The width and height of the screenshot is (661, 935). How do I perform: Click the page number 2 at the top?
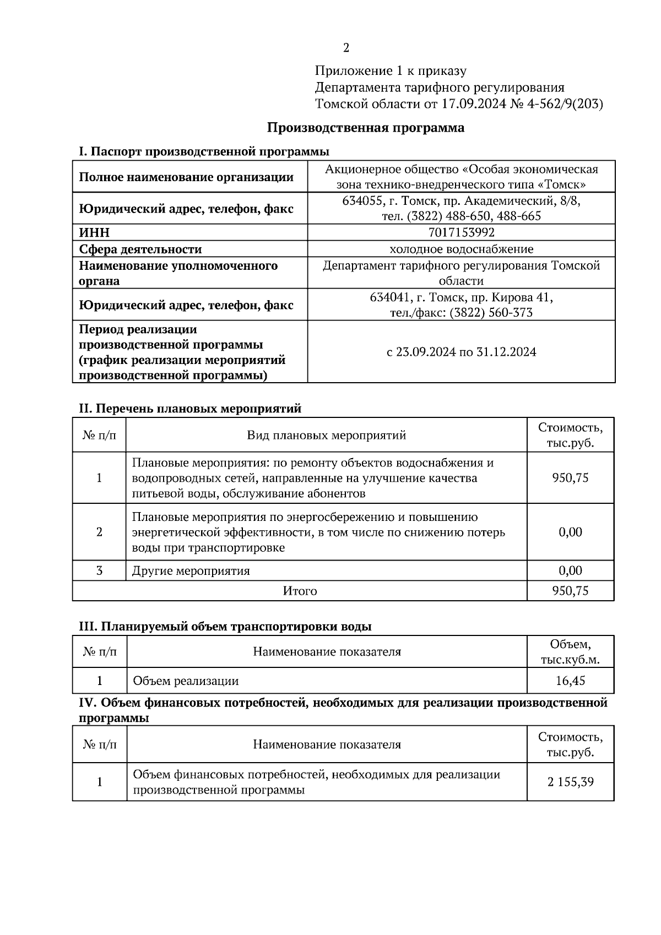pyautogui.click(x=346, y=48)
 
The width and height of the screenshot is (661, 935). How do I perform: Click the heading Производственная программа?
pyautogui.click(x=366, y=128)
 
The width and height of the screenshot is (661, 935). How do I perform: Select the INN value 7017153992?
pyautogui.click(x=461, y=232)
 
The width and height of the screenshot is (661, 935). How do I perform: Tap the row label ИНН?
pyautogui.click(x=94, y=233)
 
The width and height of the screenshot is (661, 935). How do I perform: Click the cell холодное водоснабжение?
pyautogui.click(x=461, y=249)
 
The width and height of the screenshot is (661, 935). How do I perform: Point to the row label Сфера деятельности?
pyautogui.click(x=140, y=249)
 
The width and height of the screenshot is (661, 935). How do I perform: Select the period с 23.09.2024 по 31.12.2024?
pyautogui.click(x=461, y=352)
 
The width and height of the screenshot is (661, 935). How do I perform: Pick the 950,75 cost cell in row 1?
pyautogui.click(x=570, y=478)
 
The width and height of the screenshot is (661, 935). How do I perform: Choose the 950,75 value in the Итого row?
pyautogui.click(x=570, y=591)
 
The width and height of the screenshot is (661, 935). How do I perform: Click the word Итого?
pyautogui.click(x=300, y=591)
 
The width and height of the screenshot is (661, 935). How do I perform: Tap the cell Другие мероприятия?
pyautogui.click(x=191, y=571)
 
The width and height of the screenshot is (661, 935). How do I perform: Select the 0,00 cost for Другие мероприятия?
pyautogui.click(x=570, y=571)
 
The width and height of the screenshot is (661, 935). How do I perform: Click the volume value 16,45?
pyautogui.click(x=570, y=681)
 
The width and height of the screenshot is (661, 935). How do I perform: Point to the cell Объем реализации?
pyautogui.click(x=186, y=681)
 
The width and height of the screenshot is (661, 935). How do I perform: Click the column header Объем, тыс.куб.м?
pyautogui.click(x=570, y=652)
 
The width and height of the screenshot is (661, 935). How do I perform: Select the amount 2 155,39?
pyautogui.click(x=570, y=781)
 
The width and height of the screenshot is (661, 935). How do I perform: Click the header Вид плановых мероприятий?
pyautogui.click(x=326, y=436)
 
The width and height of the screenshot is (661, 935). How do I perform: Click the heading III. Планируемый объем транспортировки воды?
pyautogui.click(x=225, y=627)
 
